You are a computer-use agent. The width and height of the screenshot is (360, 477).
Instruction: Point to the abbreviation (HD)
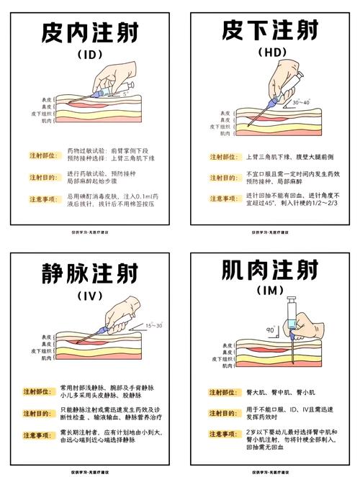point(270,53)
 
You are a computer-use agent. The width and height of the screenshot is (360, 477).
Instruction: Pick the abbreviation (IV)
point(90,296)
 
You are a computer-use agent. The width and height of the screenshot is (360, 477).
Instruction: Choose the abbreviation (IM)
point(270,291)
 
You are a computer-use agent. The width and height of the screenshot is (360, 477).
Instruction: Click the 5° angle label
point(126,94)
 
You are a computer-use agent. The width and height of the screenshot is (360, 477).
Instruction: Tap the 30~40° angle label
point(301,103)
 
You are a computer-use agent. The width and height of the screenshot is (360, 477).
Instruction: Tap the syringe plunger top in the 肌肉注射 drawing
point(292,299)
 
